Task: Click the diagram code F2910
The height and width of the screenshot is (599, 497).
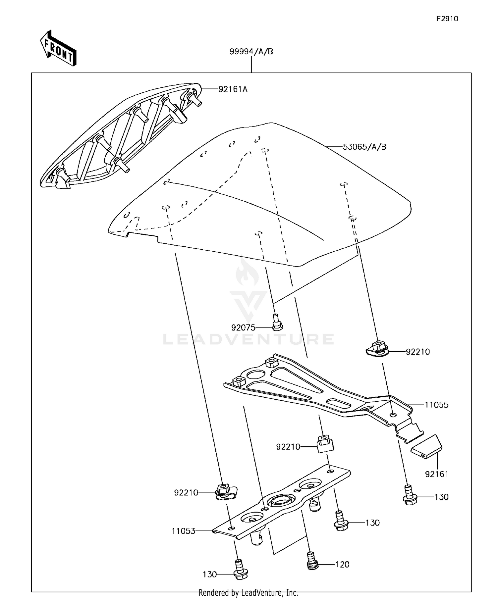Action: pos(447,19)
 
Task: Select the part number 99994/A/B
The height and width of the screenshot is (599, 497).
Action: pos(251,52)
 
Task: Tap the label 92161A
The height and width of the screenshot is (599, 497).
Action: pos(233,89)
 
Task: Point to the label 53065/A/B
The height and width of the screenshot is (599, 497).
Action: pos(364,147)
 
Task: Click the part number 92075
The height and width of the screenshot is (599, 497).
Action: pos(243,328)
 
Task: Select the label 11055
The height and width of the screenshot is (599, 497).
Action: pos(437,405)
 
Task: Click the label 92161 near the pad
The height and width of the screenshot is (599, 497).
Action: pos(437,474)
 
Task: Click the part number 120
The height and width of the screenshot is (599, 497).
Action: pos(342,565)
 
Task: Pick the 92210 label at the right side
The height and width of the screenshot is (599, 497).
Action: pos(418,352)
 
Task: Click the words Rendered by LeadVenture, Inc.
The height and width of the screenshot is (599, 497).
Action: pos(248,593)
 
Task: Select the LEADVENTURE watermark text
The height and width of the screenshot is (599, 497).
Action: pos(248,339)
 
